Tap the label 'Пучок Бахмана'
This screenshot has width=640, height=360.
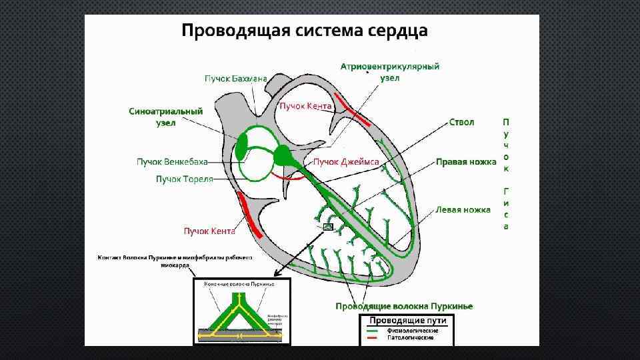click(235, 78)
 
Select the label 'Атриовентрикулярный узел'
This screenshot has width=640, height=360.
click(389, 72)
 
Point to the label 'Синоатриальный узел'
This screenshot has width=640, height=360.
click(165, 117)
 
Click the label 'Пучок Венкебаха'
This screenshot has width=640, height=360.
click(172, 162)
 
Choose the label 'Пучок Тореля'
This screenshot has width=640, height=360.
click(185, 179)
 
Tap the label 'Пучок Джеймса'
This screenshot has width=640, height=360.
click(346, 162)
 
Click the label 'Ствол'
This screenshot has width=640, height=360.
click(461, 123)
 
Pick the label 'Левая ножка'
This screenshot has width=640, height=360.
click(463, 209)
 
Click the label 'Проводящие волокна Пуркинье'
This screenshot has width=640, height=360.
click(405, 306)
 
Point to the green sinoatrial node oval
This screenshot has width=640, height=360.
click(241, 144)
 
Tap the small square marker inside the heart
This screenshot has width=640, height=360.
click(327, 227)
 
